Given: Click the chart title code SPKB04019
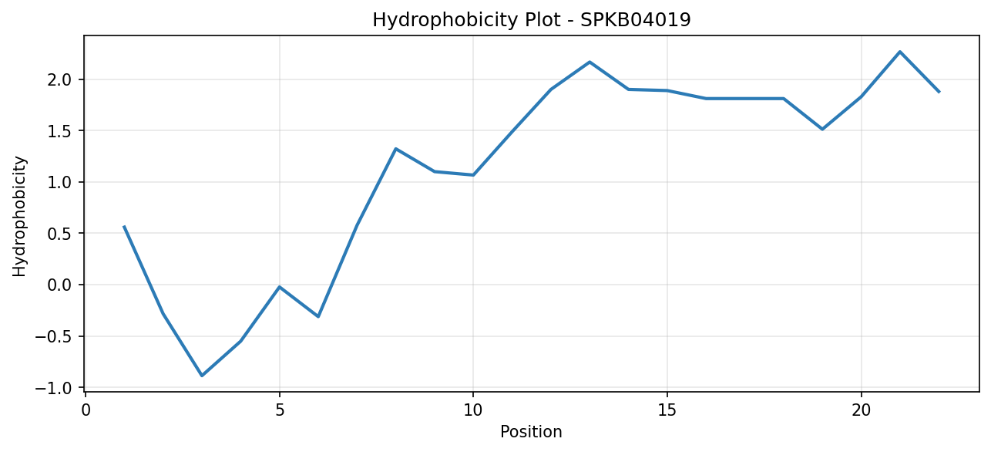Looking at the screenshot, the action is [635, 20].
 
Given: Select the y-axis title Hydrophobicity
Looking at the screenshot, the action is [19, 217].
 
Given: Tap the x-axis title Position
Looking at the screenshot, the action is [531, 432].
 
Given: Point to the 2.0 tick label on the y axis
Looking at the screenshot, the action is [59, 79].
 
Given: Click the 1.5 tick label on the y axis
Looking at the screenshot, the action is [59, 131].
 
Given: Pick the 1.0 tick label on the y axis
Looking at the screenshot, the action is [59, 182].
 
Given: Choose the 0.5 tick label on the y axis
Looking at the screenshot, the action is [59, 234].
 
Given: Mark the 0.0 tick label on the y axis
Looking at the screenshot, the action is [59, 285].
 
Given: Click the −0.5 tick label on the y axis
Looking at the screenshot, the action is [53, 336].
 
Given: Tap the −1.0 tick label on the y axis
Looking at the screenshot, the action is [53, 388].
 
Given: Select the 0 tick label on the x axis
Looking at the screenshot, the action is [86, 410].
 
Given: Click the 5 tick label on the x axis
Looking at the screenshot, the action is [280, 410].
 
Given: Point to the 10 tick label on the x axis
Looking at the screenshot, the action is [473, 410].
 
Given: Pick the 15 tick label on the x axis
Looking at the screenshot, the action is [667, 410].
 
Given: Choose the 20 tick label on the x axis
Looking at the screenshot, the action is [861, 410].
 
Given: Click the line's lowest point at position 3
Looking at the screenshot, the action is [202, 376].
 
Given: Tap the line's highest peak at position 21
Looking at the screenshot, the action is [900, 52].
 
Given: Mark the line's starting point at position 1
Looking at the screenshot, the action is [124, 226].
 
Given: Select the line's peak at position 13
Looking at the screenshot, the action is [590, 62].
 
